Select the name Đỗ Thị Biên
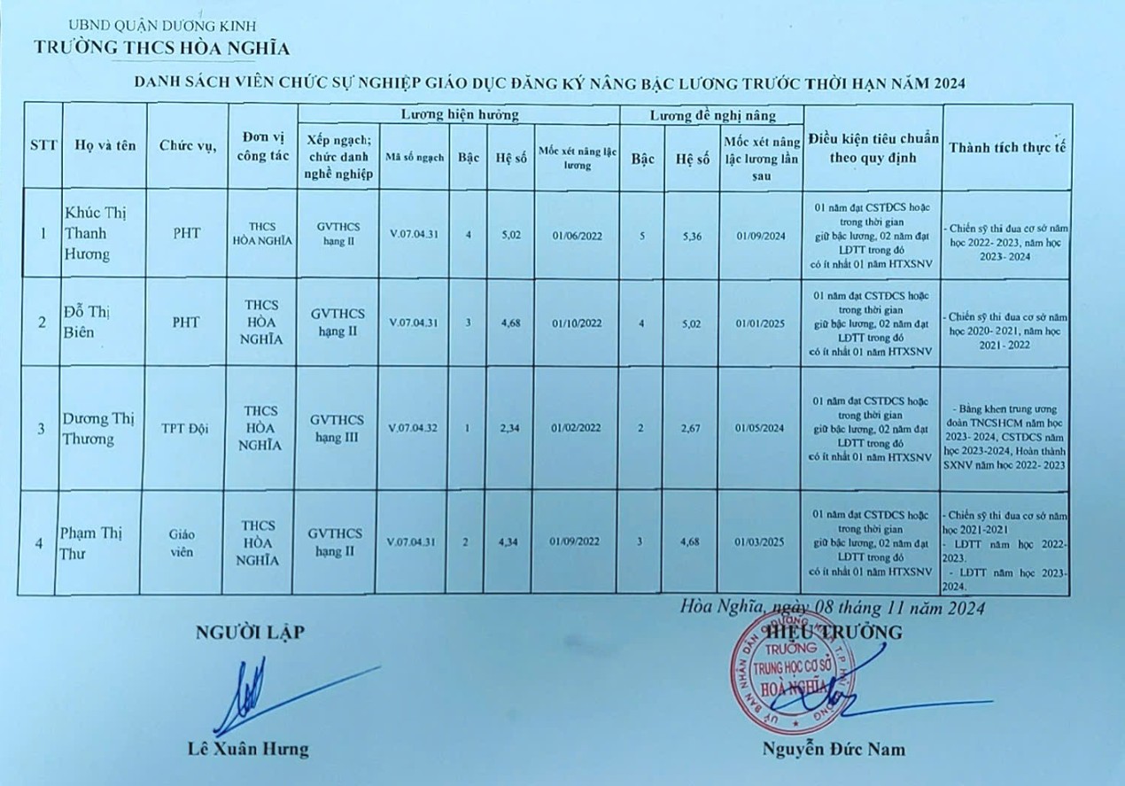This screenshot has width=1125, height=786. click(x=90, y=321)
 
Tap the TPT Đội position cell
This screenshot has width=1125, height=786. click(x=186, y=428)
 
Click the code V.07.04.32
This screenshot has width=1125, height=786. click(x=413, y=428)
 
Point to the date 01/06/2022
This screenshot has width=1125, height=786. click(x=576, y=236)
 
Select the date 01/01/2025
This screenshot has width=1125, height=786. click(x=760, y=323)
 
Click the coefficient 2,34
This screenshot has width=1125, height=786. click(x=508, y=428)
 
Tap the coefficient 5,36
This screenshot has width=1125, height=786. click(x=690, y=236)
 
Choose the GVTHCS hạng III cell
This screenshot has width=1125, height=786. click(x=337, y=428)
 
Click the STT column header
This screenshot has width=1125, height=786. click(x=43, y=146)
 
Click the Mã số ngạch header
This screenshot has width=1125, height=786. click(x=413, y=157)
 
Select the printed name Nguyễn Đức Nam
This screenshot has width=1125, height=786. click(x=834, y=750)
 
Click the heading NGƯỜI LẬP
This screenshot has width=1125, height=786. click(x=249, y=632)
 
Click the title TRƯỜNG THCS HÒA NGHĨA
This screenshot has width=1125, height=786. click(x=161, y=47)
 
